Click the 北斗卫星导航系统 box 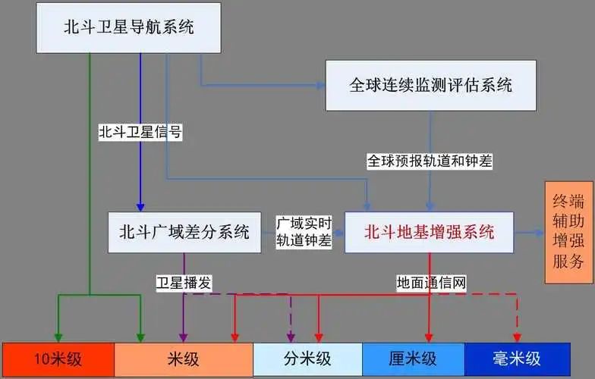(x=129, y=28)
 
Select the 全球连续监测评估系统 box (x=431, y=85)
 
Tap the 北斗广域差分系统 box (x=184, y=232)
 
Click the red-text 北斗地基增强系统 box (x=430, y=232)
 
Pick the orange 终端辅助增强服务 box (x=569, y=232)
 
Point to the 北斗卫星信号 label (x=140, y=132)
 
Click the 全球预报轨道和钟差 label (x=430, y=161)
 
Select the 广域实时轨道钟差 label (x=304, y=232)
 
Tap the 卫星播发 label (x=184, y=283)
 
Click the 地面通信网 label (x=431, y=283)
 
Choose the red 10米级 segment (x=58, y=359)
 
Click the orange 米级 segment (x=184, y=359)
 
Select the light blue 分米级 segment (x=308, y=359)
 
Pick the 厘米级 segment (x=414, y=359)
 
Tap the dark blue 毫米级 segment (x=518, y=359)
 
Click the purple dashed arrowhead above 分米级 (x=291, y=337)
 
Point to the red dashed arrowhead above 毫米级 (x=517, y=337)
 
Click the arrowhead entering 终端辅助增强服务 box (x=540, y=233)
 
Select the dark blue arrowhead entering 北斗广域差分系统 (x=140, y=206)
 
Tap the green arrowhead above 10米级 (x=58, y=337)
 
